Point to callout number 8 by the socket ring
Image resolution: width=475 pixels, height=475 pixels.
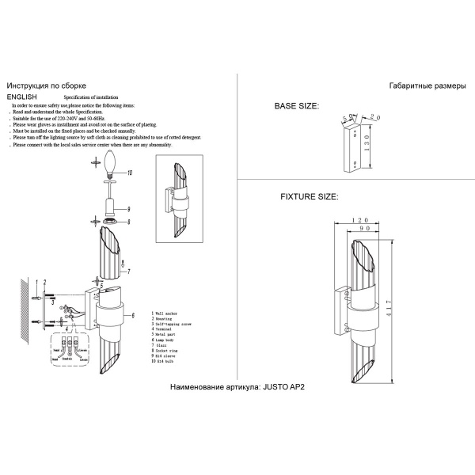pos(128,222)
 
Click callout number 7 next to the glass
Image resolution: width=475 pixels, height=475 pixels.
pos(128,272)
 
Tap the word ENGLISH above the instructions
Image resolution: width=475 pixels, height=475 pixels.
pos(22,95)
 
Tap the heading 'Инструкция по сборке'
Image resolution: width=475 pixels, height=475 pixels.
pos(45,85)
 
